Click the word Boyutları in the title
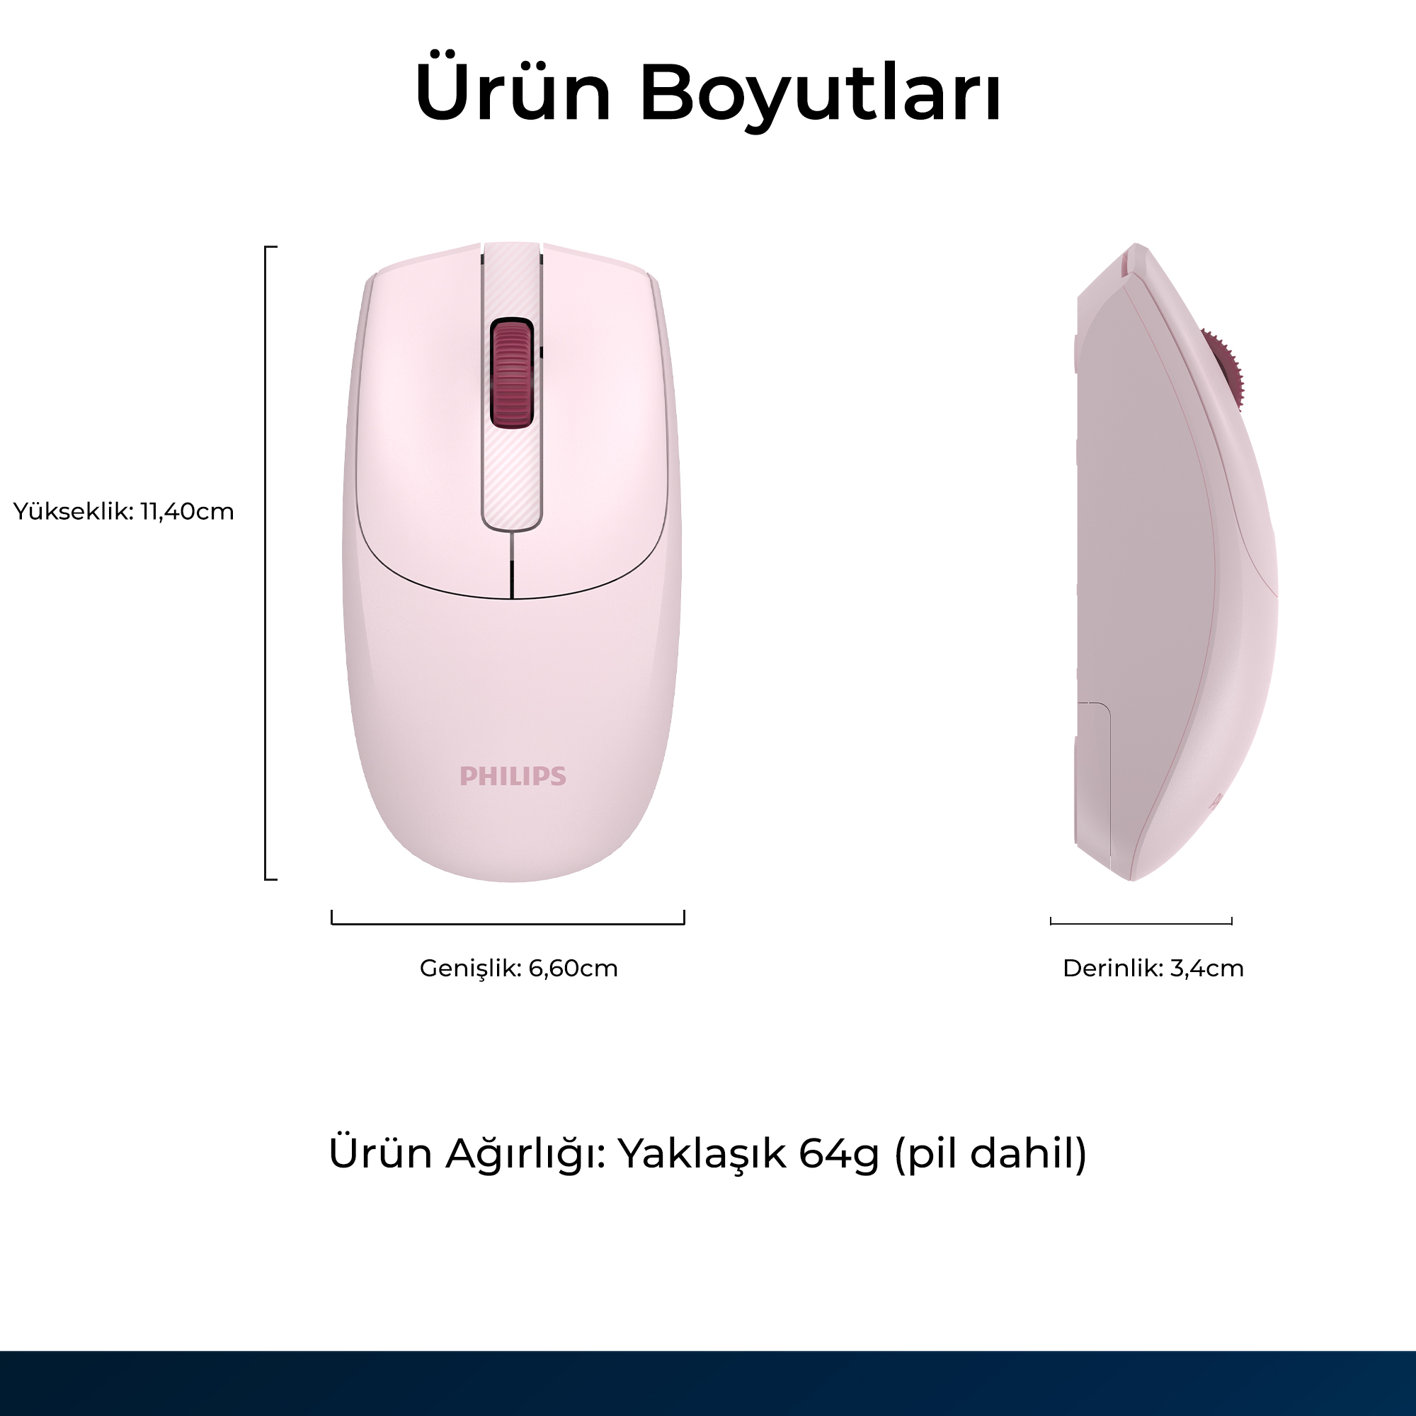[x=820, y=96]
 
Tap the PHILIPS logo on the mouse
[x=513, y=776]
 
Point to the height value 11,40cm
[x=187, y=511]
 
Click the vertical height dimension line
[x=266, y=563]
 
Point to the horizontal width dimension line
[x=508, y=923]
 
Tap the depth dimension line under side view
[x=1141, y=923]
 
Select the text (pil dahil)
[x=990, y=1153]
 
